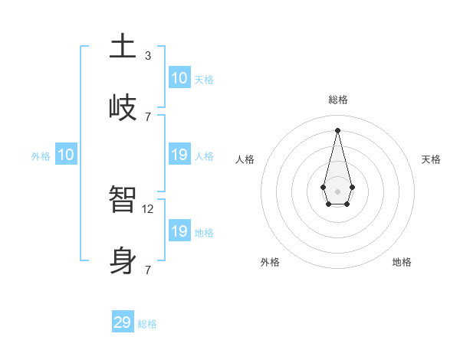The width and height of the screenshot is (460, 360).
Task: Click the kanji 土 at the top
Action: click(123, 47)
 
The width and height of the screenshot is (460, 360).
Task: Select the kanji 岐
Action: click(123, 107)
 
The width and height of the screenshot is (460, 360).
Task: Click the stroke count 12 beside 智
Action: click(149, 208)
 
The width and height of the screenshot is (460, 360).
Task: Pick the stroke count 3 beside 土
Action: click(147, 55)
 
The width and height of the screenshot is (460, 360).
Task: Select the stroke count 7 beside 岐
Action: click(147, 116)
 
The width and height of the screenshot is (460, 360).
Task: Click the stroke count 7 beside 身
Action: click(147, 270)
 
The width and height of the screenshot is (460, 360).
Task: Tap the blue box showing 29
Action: click(123, 322)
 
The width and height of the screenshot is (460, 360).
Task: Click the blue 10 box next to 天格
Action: click(179, 78)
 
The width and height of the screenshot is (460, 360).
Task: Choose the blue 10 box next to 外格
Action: click(66, 155)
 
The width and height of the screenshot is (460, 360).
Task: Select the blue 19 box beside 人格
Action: click(179, 155)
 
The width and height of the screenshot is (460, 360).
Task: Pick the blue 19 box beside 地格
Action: click(179, 231)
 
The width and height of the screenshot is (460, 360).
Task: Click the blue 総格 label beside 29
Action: click(147, 324)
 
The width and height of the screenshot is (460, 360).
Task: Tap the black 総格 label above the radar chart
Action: click(337, 100)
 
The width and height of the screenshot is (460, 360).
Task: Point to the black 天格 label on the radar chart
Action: click(431, 159)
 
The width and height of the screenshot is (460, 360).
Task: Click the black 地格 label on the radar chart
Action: click(402, 262)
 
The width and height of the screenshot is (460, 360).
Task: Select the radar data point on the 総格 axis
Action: click(337, 129)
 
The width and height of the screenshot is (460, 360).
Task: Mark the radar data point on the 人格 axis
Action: click(323, 187)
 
